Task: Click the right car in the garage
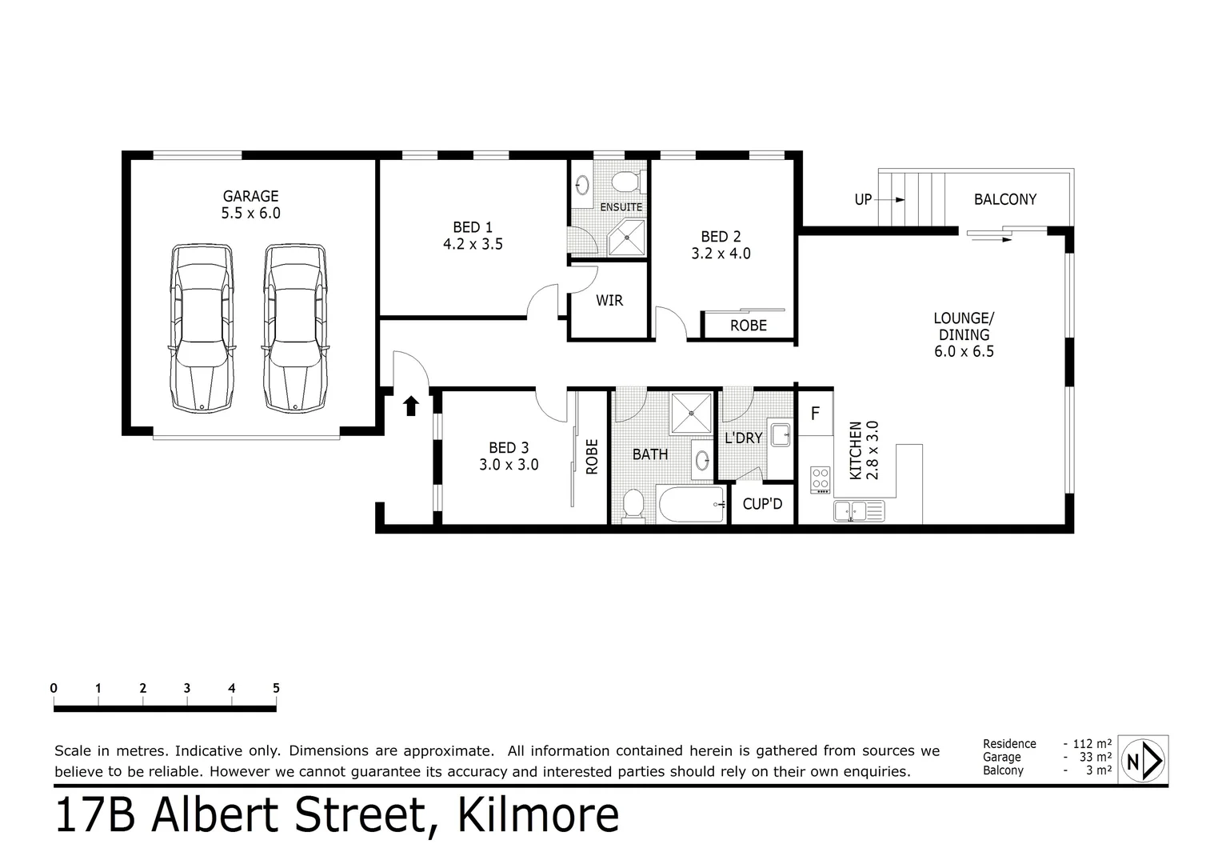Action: tap(295, 328)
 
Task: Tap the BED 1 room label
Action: tap(473, 235)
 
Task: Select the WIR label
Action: tap(609, 301)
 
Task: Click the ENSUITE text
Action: tap(621, 207)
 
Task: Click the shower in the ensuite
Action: tap(626, 238)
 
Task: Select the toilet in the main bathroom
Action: tap(633, 505)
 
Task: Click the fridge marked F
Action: tap(815, 414)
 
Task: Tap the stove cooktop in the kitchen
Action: tap(821, 479)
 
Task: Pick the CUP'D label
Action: tap(762, 505)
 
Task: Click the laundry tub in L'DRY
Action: tap(780, 436)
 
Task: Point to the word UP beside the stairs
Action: tap(863, 199)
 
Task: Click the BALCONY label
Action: tap(1004, 199)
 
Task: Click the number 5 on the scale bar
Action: tap(276, 688)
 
